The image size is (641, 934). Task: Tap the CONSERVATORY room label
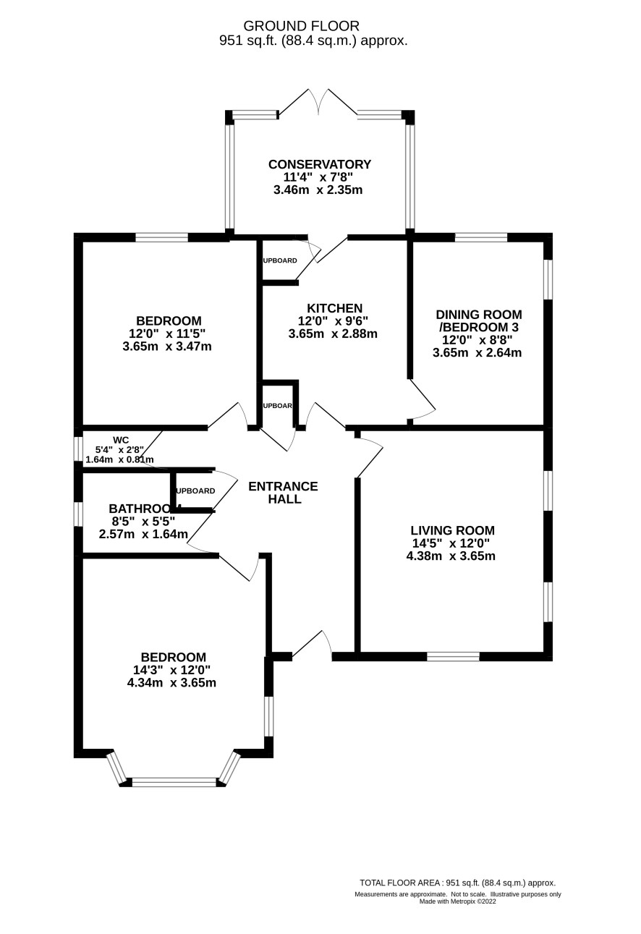point(319,164)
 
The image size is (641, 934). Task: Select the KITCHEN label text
point(334,308)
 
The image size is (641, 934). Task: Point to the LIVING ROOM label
point(452,530)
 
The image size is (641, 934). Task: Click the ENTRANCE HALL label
point(283,493)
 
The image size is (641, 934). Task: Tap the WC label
point(121,439)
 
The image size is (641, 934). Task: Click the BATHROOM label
point(144,509)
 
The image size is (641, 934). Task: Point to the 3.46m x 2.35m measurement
point(318,190)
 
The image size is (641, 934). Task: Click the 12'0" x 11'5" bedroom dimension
point(167,334)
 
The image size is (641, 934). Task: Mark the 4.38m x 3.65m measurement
point(451,556)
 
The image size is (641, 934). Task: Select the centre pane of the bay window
point(174,782)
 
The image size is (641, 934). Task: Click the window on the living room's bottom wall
point(453,657)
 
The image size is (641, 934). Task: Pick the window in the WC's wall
point(78,449)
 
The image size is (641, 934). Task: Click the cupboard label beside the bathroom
point(195,491)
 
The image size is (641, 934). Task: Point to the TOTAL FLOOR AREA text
point(457,883)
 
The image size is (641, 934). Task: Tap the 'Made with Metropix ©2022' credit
point(457,901)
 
